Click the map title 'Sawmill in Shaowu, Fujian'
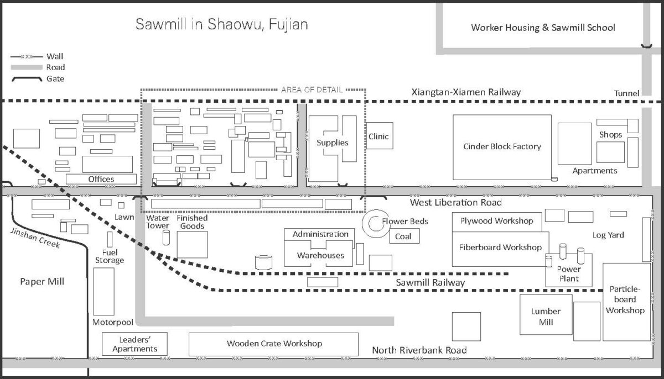[x=222, y=25]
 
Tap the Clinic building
[x=379, y=136]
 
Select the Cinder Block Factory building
[x=502, y=146]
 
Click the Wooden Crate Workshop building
[x=273, y=344]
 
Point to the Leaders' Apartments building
[x=134, y=344]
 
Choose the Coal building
[x=403, y=237]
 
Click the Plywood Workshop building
[x=496, y=222]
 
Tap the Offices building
[x=101, y=179]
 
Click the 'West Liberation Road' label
[x=455, y=203]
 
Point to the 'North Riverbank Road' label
[x=419, y=350]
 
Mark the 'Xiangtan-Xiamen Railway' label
[x=466, y=92]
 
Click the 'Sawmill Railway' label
[x=430, y=283]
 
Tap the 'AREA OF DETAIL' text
[x=312, y=90]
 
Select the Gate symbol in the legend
[x=26, y=79]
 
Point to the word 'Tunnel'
[x=626, y=93]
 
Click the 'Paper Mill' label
[x=42, y=282]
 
